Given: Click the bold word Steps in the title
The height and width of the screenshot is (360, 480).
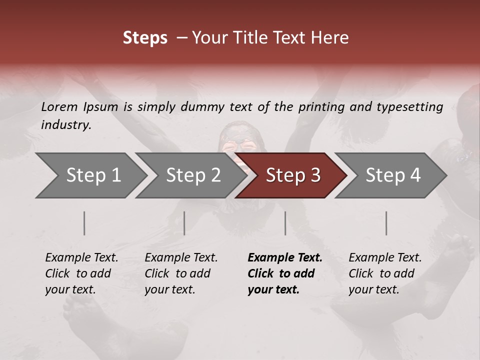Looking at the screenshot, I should [x=145, y=38].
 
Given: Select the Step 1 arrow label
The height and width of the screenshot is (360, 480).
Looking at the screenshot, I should [x=93, y=175].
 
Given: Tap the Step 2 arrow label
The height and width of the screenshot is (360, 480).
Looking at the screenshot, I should [x=193, y=175].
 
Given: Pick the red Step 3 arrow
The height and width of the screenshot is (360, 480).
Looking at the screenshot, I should [x=293, y=175].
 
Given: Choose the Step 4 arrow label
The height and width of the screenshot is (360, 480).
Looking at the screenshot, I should [x=393, y=175].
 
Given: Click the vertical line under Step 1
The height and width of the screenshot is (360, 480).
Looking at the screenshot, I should [x=84, y=223].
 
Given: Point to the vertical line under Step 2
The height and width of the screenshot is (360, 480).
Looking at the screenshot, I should [x=184, y=223].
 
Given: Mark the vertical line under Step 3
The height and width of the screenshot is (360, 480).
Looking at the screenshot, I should [x=285, y=223].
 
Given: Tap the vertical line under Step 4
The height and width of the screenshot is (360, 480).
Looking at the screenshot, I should [x=386, y=223].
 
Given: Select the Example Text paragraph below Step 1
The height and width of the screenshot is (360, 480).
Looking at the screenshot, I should [x=81, y=273].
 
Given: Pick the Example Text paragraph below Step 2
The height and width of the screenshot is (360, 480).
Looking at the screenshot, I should [x=181, y=273].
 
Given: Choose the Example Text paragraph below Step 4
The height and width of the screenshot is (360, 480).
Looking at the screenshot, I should [x=385, y=273].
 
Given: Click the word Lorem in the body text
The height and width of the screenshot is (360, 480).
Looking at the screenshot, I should [x=59, y=106].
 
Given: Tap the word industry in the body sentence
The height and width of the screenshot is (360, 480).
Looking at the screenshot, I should [x=66, y=124].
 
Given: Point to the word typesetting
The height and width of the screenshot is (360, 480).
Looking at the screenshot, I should [x=411, y=106].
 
